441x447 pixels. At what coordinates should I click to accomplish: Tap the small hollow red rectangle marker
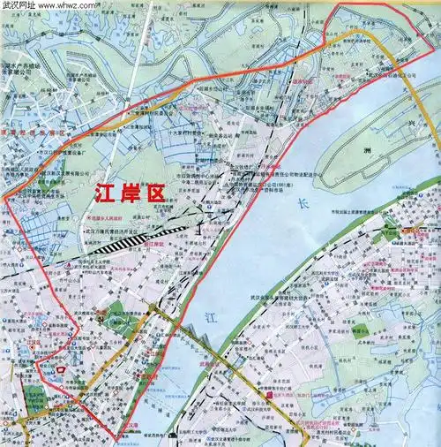[60, 367]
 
